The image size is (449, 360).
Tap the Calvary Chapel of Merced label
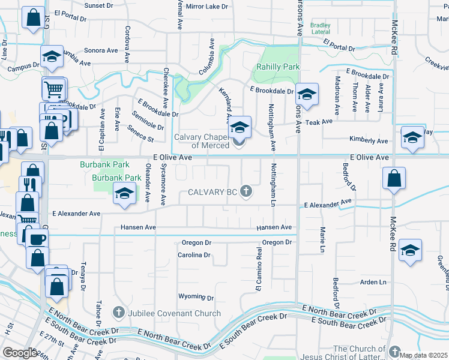[x=202, y=141]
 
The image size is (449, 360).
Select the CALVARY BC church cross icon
[x=245, y=191]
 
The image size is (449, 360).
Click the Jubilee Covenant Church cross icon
[x=119, y=313]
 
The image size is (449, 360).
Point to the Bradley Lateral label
[x=321, y=28]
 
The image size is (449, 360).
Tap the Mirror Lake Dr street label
[x=207, y=7]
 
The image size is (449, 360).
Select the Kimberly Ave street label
[x=369, y=140]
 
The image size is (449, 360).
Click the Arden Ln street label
[x=373, y=282]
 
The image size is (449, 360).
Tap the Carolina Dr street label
[x=194, y=255]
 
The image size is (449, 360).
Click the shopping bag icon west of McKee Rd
[x=393, y=178]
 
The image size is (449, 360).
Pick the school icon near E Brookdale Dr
[x=306, y=94]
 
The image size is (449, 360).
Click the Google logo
[x=20, y=353]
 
